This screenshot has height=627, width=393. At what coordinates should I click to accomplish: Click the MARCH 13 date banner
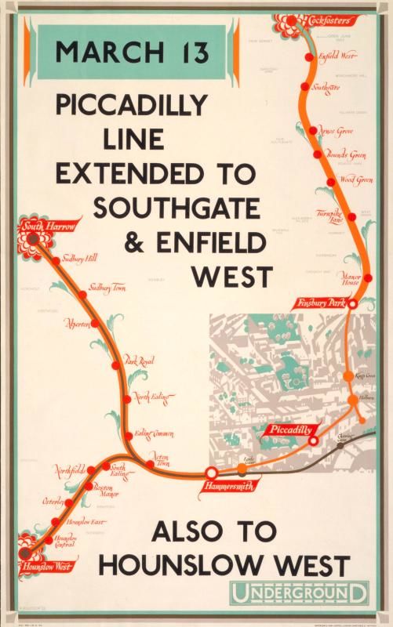pyautogui.click(x=133, y=53)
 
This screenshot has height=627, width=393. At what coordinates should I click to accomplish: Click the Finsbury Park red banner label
pyautogui.click(x=322, y=303)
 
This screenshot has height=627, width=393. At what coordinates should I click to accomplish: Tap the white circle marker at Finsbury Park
pyautogui.click(x=353, y=303)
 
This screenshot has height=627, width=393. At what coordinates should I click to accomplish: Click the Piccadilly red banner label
pyautogui.click(x=290, y=429)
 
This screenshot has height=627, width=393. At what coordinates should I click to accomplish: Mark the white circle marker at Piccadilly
pyautogui.click(x=313, y=440)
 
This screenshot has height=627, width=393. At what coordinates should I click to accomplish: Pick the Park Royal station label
pyautogui.click(x=140, y=361)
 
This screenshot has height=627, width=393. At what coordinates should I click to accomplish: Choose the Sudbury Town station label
pyautogui.click(x=108, y=288)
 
